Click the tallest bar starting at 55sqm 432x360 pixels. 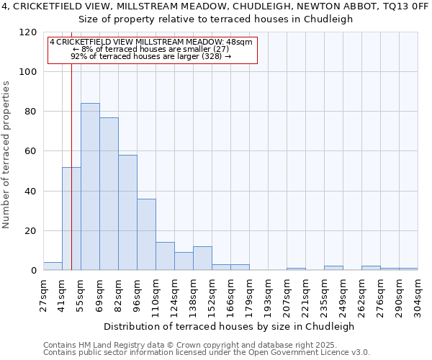tap(90, 187)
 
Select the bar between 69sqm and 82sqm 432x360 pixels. tap(109, 194)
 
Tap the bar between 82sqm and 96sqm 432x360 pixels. tap(127, 213)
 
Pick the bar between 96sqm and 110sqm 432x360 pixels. tap(146, 235)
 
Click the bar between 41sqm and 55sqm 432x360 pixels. tap(71, 219)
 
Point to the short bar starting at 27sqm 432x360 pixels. tap(53, 266)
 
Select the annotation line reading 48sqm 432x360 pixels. tap(152, 42)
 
